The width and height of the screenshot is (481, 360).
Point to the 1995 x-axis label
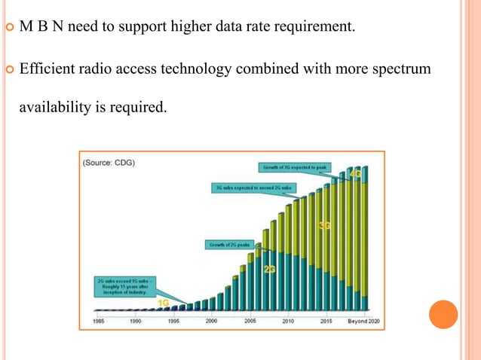point(173,319)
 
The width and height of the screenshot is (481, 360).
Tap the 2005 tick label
point(250,319)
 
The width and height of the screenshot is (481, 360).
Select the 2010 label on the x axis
point(288,319)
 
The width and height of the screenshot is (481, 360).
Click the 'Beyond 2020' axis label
point(363,319)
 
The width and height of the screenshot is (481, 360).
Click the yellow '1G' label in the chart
point(163,301)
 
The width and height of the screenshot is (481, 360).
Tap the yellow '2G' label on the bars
point(270,268)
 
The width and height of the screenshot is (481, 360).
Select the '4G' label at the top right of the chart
point(355,175)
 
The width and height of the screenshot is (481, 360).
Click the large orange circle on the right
point(443,314)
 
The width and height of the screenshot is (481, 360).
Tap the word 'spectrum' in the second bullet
point(404,69)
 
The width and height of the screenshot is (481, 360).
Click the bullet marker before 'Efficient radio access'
point(8,69)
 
